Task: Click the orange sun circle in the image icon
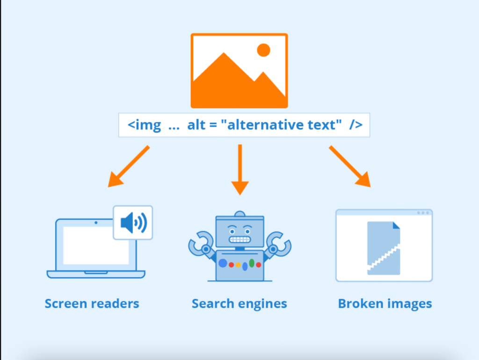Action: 263,50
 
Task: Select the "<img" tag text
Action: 144,125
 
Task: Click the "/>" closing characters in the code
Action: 356,125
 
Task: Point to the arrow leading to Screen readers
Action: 128,166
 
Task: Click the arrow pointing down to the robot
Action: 240,169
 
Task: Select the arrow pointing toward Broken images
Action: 350,166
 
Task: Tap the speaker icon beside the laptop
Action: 133,223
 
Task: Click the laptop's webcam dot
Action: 96,223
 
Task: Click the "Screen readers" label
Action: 92,303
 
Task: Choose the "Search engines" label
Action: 239,303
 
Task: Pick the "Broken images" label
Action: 385,303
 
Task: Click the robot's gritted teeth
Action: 240,239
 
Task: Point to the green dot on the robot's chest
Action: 252,263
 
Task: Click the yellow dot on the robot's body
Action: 238,265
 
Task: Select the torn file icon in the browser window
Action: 384,248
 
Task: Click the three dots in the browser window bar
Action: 423,213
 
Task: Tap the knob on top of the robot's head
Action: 240,214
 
